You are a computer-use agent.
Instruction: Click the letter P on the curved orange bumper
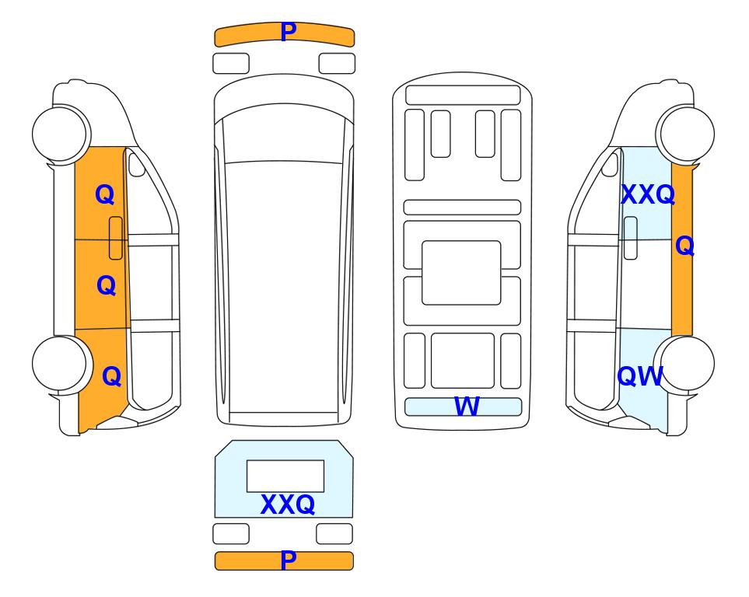288,32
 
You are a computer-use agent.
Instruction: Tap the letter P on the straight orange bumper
288,560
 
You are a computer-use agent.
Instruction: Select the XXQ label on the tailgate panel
288,504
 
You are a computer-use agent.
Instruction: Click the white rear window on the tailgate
285,476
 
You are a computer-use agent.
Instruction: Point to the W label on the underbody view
466,407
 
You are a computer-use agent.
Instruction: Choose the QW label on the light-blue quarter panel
639,376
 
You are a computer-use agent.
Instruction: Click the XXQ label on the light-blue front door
647,194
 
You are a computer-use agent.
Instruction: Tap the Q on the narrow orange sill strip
684,246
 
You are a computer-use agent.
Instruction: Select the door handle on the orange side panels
116,238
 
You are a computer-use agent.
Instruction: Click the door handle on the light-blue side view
631,238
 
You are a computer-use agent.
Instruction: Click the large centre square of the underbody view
461,273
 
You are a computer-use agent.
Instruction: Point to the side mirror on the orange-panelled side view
136,164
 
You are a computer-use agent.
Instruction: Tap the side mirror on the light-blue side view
610,164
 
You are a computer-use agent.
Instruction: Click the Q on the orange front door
105,194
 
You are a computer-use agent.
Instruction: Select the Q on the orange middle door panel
106,285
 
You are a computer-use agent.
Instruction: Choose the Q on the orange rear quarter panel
111,376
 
